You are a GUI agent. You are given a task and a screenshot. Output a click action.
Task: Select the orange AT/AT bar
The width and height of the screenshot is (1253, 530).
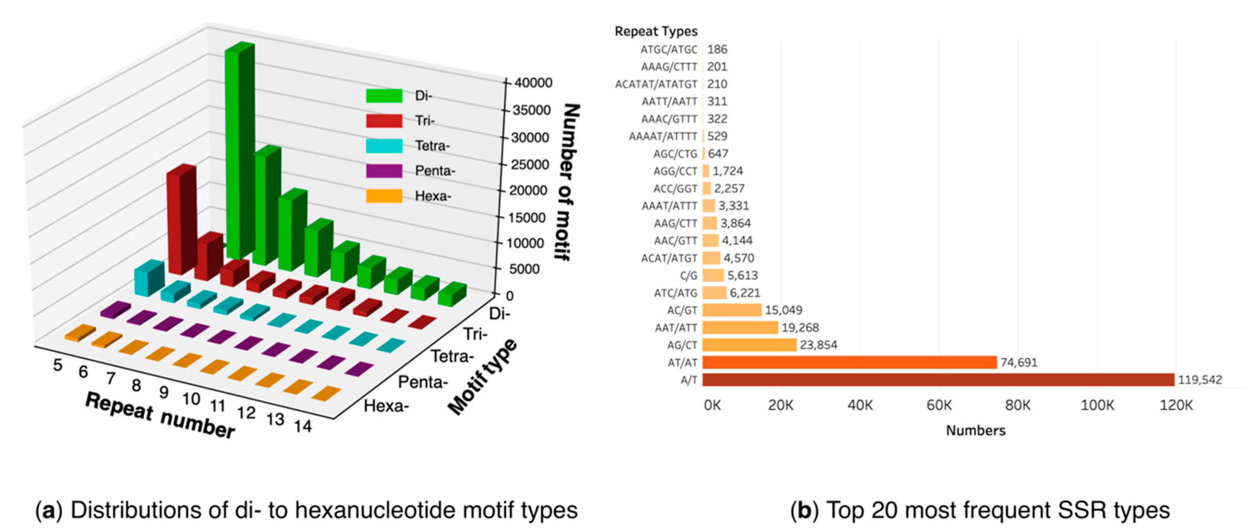pos(849,362)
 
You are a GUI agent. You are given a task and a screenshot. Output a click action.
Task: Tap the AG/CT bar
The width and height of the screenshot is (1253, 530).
pos(749,345)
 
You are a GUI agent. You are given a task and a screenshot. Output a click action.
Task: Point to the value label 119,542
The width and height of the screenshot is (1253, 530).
pos(1200,380)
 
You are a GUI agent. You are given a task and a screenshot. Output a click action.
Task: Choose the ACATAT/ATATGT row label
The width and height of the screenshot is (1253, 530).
pos(656,84)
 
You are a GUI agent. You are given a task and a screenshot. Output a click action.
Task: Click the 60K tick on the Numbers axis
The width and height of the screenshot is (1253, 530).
pos(939,405)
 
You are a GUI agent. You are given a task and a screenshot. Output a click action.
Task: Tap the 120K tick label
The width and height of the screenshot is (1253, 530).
pos(1176,405)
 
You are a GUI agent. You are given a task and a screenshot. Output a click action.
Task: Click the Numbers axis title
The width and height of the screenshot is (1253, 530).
pos(975,430)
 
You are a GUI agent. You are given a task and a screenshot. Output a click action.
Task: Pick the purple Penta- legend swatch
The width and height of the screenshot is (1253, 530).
pos(384,171)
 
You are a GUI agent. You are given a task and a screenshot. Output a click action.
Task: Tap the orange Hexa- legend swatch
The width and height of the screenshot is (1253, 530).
pos(384,196)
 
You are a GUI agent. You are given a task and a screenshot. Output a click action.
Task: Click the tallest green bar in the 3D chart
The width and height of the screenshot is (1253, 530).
pos(239,146)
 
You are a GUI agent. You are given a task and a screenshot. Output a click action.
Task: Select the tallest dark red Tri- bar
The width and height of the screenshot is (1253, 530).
pos(181,219)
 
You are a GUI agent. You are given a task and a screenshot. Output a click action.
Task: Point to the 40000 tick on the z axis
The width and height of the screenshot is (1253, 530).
pos(533,83)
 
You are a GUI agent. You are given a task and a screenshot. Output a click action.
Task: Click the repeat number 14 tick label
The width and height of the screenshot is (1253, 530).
pos(303,427)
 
